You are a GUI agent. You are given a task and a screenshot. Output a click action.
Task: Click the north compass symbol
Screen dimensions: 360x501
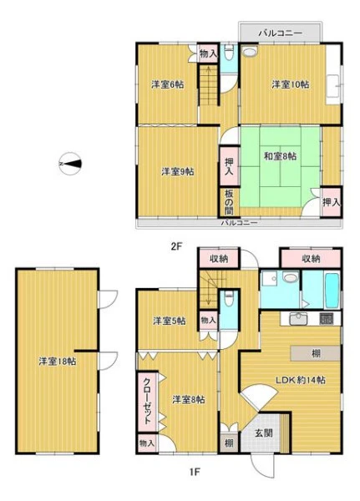(x=69, y=164)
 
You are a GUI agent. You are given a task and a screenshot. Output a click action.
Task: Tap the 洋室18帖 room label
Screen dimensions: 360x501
(x=58, y=362)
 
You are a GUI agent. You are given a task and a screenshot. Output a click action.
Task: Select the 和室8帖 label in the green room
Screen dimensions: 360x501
(x=280, y=156)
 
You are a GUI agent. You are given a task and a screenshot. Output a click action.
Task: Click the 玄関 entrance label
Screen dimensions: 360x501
(x=264, y=433)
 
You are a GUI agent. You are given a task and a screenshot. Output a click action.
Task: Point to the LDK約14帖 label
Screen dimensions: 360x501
(x=301, y=380)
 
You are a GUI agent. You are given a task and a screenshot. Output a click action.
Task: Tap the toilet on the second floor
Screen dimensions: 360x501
(x=229, y=53)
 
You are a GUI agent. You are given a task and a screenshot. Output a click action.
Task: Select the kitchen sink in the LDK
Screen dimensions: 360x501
(x=298, y=319)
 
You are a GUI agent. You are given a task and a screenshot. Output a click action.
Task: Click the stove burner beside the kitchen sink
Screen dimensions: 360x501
(x=326, y=319)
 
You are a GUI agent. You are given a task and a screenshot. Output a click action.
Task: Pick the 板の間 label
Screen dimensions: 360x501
(x=229, y=202)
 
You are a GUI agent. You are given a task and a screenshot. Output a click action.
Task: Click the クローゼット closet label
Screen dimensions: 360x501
(x=147, y=401)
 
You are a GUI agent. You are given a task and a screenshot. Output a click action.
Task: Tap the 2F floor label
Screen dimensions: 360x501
(x=176, y=246)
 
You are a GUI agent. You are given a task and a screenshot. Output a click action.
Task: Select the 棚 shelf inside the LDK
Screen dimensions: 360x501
(x=316, y=353)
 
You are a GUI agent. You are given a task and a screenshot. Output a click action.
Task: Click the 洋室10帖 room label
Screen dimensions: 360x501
(x=291, y=84)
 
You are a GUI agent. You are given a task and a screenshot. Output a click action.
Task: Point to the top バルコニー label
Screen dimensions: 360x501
(x=281, y=33)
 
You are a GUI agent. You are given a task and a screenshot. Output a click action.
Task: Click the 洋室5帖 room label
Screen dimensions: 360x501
(x=169, y=321)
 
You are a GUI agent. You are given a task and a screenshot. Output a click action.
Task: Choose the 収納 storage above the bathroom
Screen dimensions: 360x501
(x=311, y=258)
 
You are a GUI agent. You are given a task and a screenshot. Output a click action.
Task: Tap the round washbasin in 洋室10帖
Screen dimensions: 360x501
(x=250, y=52)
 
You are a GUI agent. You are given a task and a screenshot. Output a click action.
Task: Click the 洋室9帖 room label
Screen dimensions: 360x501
(x=177, y=171)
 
